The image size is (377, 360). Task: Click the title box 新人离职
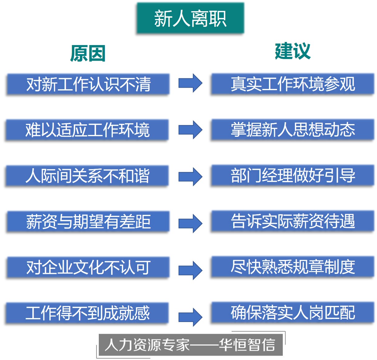[190, 18]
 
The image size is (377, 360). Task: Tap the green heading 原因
[88, 53]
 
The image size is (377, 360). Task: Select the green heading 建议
[293, 51]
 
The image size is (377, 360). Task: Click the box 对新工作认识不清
[88, 84]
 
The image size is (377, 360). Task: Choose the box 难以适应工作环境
[87, 130]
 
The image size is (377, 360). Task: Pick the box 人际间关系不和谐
[87, 176]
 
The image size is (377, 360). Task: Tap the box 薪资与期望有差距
[88, 222]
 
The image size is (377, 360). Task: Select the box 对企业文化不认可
[88, 267]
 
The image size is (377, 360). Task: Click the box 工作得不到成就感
[87, 313]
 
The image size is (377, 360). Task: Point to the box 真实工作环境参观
[293, 84]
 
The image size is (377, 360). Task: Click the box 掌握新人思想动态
[293, 130]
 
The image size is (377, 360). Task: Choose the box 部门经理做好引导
[293, 175]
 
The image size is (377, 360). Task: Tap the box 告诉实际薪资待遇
[293, 221]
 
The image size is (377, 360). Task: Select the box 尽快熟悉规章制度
[293, 267]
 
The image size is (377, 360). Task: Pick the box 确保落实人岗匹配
[293, 312]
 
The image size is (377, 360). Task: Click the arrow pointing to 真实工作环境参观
[190, 83]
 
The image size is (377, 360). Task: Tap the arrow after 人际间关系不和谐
[190, 177]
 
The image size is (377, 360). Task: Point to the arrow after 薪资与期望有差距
[190, 223]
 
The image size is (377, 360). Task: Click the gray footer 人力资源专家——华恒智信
[190, 345]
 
